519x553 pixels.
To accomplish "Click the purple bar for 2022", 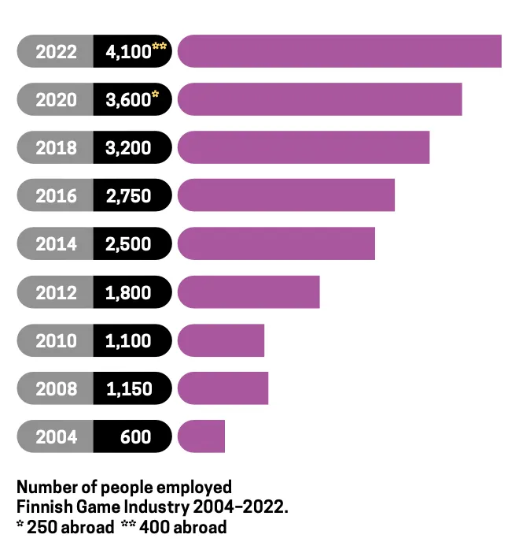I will pos(339,51).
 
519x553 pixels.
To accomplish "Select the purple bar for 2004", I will pos(201,436).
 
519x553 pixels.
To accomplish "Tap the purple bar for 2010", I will pos(221,340).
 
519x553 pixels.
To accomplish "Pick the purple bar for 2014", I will pos(276,243).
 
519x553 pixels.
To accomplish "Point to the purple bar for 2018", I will pos(304,147).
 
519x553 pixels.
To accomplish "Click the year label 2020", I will pos(57,100).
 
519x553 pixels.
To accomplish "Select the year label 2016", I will pos(57,196).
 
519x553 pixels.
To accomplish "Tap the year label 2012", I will pos(57,292).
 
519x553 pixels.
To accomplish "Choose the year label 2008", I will pos(57,388).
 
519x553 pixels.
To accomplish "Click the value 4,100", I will pos(128,52).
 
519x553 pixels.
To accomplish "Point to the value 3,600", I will pos(128,100).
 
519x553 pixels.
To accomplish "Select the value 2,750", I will pos(128,196).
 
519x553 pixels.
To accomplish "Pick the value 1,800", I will pos(128,292).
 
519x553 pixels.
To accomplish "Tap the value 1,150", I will pos(128,388).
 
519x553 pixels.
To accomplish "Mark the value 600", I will pos(136,436).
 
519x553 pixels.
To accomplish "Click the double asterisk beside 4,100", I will pos(159,47).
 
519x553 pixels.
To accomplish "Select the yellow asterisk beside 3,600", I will pos(156,95).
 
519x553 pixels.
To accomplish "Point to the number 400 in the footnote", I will pos(156,527).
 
